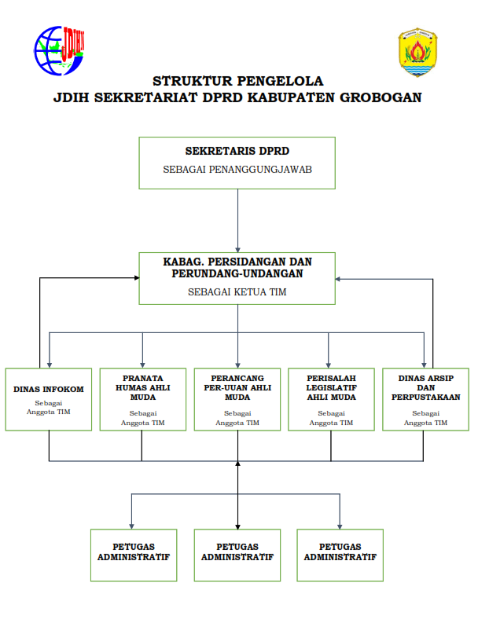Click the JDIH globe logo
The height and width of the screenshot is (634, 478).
tap(59, 52)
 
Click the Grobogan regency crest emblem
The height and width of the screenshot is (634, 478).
tap(417, 52)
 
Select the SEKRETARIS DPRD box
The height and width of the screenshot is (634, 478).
tap(237, 163)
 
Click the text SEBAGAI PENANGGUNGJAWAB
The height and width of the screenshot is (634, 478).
tap(237, 169)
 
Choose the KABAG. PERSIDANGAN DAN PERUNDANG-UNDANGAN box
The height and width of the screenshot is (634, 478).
tap(237, 278)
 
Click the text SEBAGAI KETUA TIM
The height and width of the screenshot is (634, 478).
tap(237, 291)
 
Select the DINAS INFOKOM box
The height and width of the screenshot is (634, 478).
tap(49, 399)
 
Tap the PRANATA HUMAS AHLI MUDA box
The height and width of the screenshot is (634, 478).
tap(142, 399)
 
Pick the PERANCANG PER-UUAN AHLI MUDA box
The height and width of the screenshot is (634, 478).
tap(237, 399)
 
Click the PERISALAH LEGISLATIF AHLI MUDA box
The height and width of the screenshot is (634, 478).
tap(331, 399)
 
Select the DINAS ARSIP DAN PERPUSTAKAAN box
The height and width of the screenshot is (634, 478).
tap(425, 399)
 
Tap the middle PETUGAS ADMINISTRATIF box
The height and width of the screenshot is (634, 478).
tap(237, 555)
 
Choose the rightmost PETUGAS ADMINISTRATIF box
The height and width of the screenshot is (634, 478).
tap(340, 555)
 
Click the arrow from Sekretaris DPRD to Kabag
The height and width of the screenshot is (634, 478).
tap(237, 220)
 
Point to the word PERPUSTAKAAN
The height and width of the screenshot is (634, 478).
tap(425, 398)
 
